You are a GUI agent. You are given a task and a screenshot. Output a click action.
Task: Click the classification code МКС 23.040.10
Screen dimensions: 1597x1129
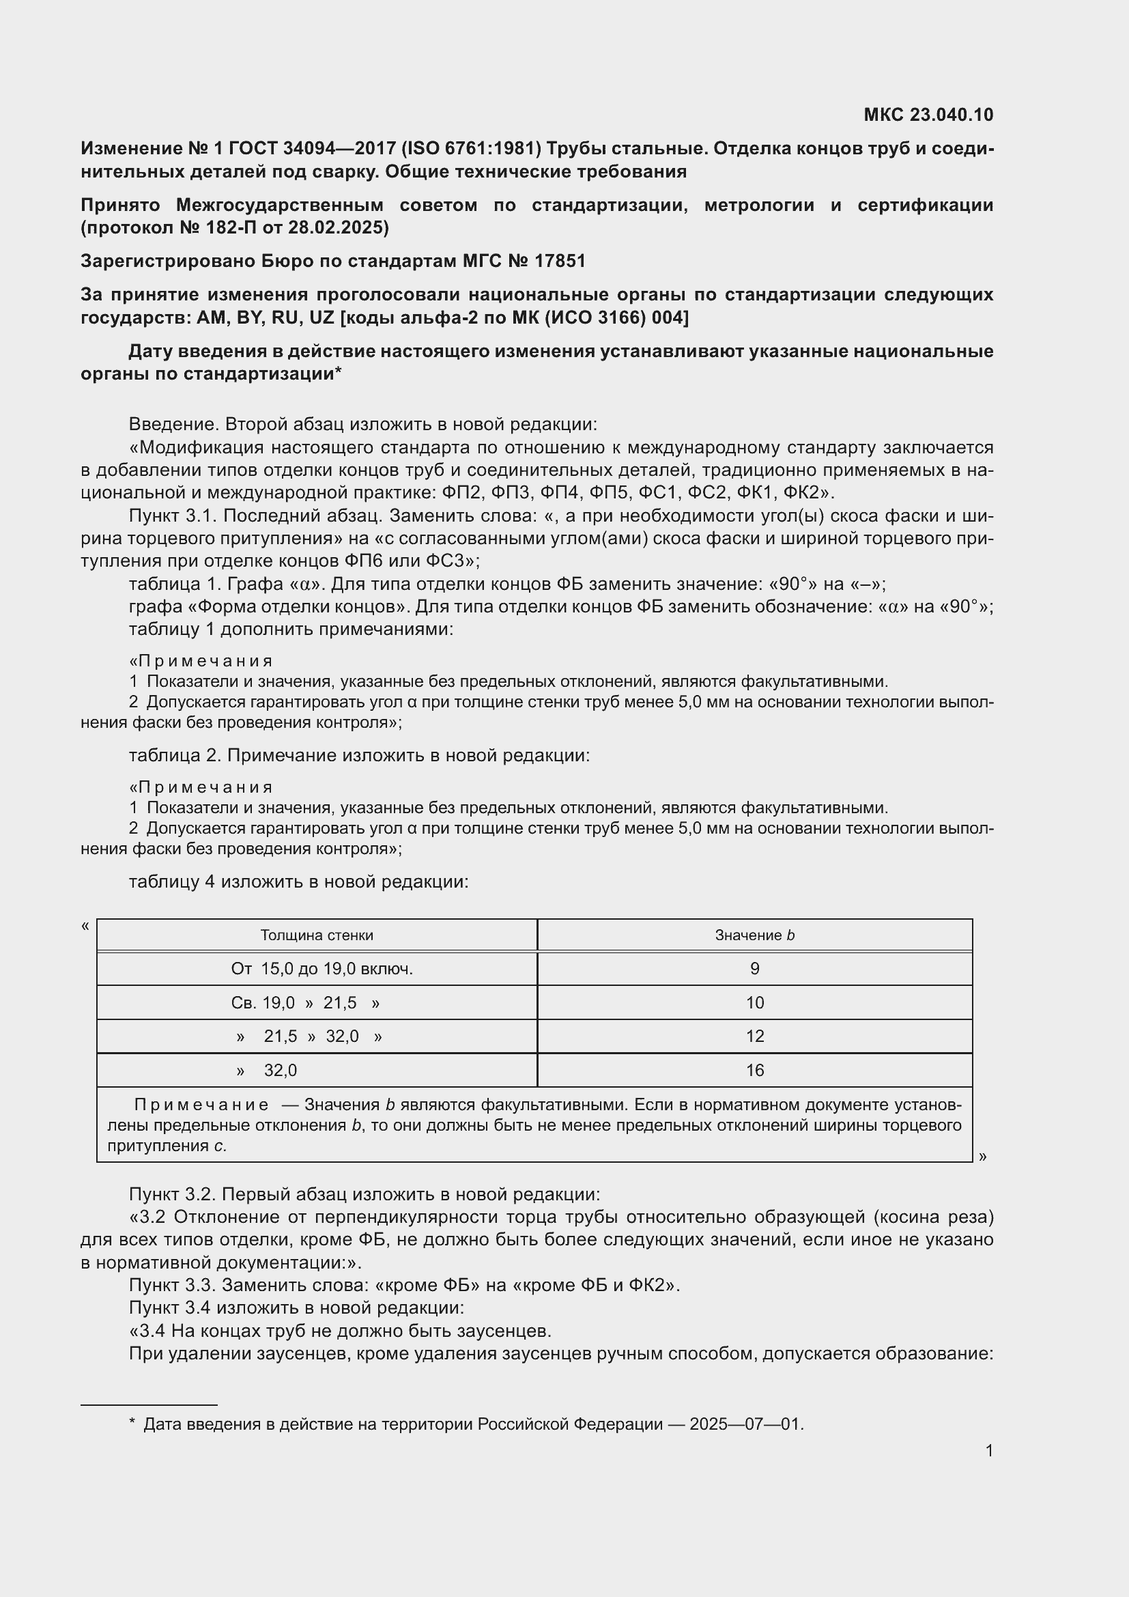(x=928, y=115)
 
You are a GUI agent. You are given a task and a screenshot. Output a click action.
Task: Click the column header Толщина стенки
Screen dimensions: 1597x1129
(x=316, y=935)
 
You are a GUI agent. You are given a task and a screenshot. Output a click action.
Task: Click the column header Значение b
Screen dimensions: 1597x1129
(x=754, y=935)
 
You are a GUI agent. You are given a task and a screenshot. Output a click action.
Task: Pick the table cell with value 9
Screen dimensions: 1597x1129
(x=754, y=969)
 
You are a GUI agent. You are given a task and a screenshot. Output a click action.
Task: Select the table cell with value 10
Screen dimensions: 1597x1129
(x=754, y=1003)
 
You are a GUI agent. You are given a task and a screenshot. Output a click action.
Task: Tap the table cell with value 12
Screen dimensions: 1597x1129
(x=754, y=1036)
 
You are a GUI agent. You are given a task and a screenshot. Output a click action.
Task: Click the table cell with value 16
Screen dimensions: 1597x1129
(x=754, y=1071)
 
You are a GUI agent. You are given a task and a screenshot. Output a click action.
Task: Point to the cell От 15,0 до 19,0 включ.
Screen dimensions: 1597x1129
(x=322, y=969)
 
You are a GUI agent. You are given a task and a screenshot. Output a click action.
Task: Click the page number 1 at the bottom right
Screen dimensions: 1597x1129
(x=988, y=1451)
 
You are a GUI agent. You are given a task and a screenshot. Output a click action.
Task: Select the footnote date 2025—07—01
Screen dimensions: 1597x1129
(x=746, y=1424)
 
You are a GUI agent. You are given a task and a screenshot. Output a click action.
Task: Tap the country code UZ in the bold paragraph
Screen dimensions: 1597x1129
(x=321, y=318)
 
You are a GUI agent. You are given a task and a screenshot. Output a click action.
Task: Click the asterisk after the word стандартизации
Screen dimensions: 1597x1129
(x=338, y=372)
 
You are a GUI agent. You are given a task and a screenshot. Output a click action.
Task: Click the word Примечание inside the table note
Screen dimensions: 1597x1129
(x=201, y=1105)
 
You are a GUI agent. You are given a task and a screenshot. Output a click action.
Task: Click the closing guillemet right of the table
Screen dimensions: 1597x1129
(x=982, y=1157)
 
